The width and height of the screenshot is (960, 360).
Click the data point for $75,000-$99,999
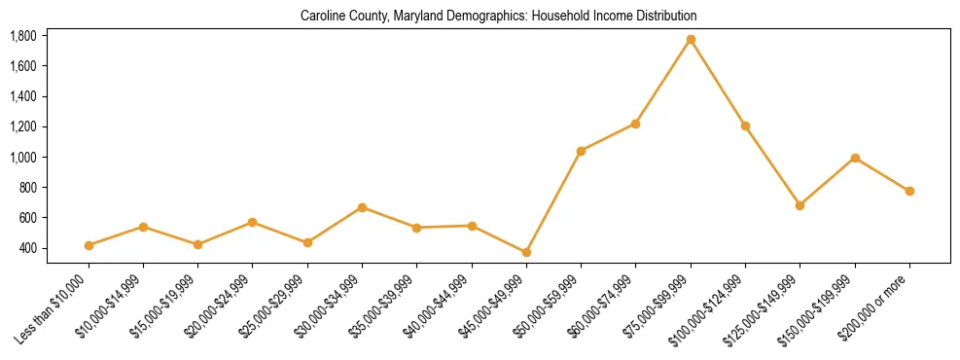point(691,40)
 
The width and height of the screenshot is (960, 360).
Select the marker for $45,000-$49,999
point(526,252)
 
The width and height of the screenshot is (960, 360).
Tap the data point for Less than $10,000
point(89,245)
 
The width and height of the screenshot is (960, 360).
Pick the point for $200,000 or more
point(909,191)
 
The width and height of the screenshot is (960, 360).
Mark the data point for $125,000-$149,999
point(800,205)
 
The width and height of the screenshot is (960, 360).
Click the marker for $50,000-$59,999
point(581,151)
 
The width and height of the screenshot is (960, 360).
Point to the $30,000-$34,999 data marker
point(362,207)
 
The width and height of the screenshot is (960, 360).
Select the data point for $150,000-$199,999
point(855,158)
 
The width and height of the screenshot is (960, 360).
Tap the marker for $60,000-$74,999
point(635,124)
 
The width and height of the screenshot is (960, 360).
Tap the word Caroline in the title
point(321,17)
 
